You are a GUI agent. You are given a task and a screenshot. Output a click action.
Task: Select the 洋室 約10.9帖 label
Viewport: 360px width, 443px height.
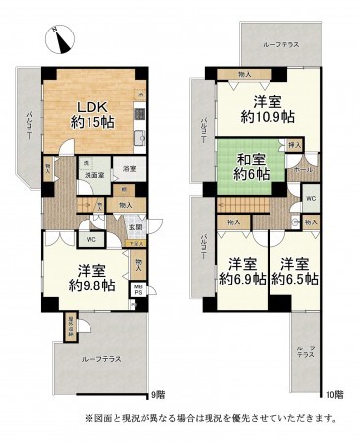pyautogui.click(x=266, y=109)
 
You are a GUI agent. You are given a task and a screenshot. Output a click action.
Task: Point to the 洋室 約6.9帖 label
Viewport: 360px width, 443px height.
pyautogui.click(x=241, y=271)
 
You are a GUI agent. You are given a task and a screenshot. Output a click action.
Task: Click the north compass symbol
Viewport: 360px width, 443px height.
pyautogui.click(x=60, y=39)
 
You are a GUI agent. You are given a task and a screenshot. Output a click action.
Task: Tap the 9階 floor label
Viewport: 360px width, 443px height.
pyautogui.click(x=157, y=395)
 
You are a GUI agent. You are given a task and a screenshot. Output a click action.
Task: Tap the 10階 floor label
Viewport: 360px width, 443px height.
pyautogui.click(x=332, y=395)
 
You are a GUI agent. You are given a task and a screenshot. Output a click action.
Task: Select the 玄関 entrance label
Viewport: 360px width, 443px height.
pyautogui.click(x=136, y=227)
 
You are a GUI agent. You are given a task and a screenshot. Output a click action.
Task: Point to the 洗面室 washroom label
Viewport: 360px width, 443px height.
pyautogui.click(x=94, y=175)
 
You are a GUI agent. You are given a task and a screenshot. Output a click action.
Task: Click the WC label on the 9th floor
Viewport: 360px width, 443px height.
pyautogui.click(x=90, y=238)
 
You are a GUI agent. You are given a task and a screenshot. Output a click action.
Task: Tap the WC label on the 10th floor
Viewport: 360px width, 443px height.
pyautogui.click(x=309, y=198)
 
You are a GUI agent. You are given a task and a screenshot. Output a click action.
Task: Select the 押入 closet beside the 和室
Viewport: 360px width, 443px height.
pyautogui.click(x=294, y=145)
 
